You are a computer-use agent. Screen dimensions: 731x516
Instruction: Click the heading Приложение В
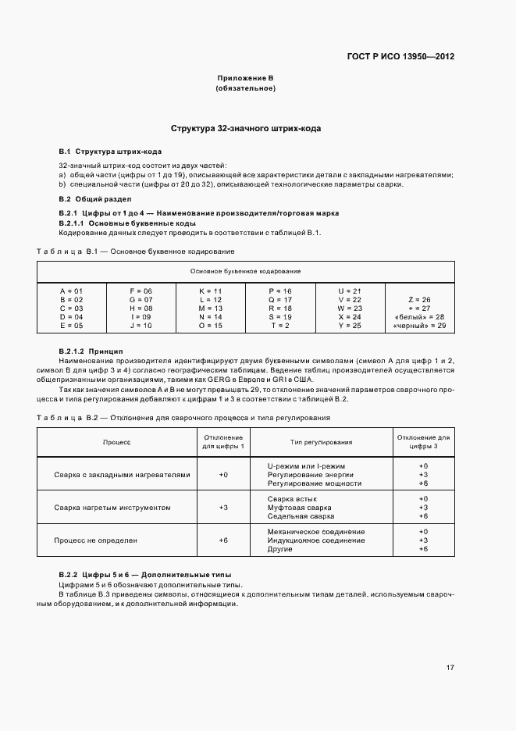click(x=245, y=78)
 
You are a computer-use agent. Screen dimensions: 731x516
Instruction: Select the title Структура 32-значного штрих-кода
click(x=246, y=128)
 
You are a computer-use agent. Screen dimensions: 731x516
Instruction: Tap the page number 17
click(x=450, y=667)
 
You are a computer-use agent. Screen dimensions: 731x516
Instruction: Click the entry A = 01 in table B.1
click(x=71, y=291)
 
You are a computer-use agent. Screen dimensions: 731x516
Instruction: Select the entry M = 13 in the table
click(x=211, y=308)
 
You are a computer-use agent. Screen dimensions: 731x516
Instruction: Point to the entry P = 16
click(x=280, y=291)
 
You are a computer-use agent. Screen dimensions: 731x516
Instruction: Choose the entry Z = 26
click(x=419, y=299)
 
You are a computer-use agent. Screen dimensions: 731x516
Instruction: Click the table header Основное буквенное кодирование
click(x=245, y=271)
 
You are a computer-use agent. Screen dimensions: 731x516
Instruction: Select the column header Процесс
click(x=117, y=442)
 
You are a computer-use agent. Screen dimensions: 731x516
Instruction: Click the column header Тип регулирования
click(x=321, y=442)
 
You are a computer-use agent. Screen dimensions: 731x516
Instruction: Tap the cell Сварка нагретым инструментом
click(x=112, y=508)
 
